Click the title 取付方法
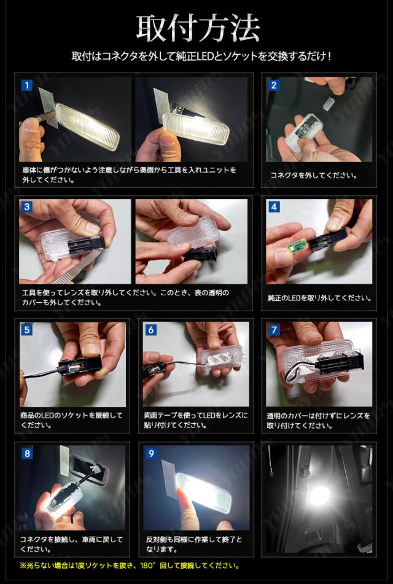click(x=198, y=28)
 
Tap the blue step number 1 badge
click(x=26, y=85)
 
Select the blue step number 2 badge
click(x=274, y=85)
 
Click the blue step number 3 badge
click(x=26, y=207)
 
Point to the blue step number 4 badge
click(x=274, y=207)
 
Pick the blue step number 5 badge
click(x=27, y=330)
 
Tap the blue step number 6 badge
click(x=151, y=330)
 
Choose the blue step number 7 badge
click(x=274, y=330)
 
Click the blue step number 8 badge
click(x=27, y=453)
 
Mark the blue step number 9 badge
click(x=151, y=453)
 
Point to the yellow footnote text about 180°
click(x=130, y=566)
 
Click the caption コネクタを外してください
click(x=313, y=175)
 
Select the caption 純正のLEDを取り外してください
click(x=319, y=298)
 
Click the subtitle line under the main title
click(x=201, y=56)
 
